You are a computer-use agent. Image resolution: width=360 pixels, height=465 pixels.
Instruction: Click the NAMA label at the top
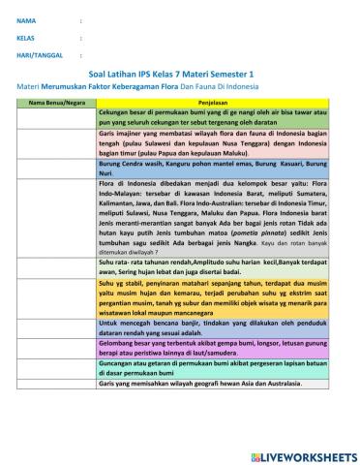click(x=26, y=18)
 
